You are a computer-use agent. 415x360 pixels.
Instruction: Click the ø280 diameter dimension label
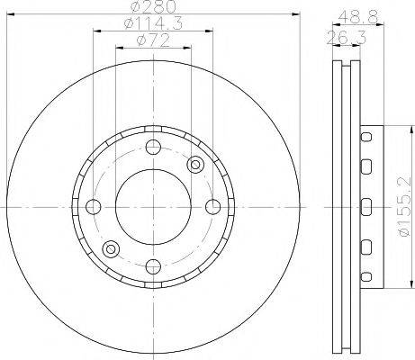click(x=153, y=6)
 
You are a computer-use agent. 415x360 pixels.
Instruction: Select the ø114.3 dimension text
click(x=153, y=23)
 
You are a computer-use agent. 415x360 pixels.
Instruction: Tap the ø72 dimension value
click(x=153, y=40)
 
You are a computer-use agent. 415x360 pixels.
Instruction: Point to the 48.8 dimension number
click(x=358, y=17)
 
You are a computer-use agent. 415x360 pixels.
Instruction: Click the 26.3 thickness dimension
click(x=347, y=38)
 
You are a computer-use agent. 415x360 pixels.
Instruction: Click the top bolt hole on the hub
click(x=153, y=147)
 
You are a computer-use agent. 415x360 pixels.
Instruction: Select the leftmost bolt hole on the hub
click(x=94, y=207)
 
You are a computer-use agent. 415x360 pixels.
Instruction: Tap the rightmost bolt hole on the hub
click(x=213, y=207)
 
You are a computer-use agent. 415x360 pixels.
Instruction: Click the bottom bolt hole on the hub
click(x=153, y=266)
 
